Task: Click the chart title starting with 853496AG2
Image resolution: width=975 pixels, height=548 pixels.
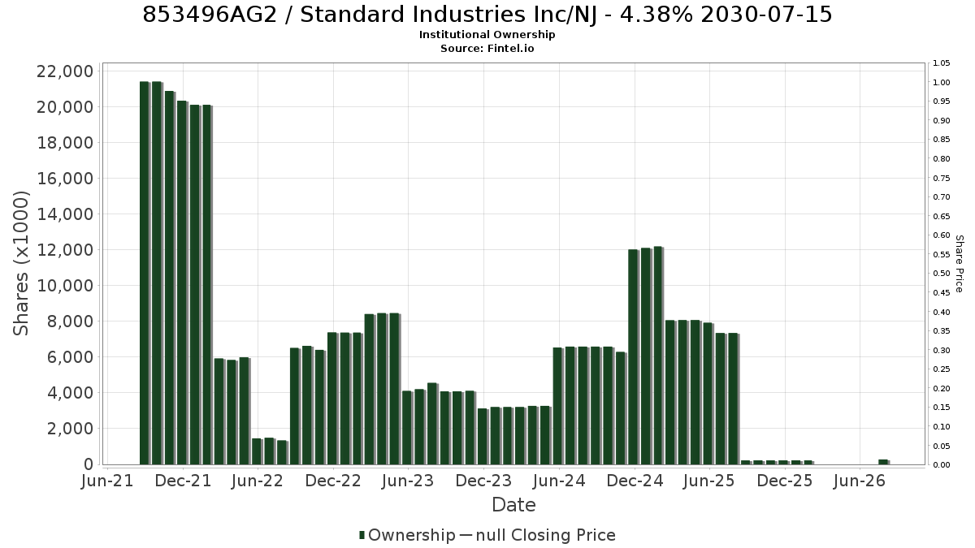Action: point(487,15)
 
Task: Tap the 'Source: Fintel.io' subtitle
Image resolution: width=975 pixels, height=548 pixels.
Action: point(487,48)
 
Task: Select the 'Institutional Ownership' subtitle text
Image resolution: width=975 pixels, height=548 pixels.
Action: point(487,35)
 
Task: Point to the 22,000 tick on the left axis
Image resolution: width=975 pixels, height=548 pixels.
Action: point(65,71)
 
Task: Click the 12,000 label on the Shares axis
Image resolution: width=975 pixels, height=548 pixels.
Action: point(65,250)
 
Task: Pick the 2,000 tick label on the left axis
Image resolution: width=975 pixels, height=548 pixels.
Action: point(70,429)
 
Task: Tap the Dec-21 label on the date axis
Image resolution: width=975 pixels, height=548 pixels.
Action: point(183,481)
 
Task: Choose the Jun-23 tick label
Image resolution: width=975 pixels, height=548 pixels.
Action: point(408,481)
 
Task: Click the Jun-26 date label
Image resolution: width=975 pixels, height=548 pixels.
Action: point(860,481)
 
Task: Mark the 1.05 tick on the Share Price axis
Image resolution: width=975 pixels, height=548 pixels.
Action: point(941,63)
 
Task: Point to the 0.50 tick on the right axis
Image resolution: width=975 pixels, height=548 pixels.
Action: point(941,274)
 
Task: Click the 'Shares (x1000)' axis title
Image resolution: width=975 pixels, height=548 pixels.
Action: point(21,264)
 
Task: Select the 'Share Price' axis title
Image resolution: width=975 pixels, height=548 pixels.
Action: point(960,264)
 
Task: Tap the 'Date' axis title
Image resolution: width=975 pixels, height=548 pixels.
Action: point(513,505)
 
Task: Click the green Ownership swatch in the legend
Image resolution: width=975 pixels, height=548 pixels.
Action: point(362,535)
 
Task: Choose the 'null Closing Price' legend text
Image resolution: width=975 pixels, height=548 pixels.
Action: point(546,535)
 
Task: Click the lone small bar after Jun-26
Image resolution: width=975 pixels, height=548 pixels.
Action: point(884,462)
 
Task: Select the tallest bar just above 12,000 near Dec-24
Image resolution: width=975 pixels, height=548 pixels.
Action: point(658,356)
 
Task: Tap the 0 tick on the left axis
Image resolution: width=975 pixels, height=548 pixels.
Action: point(89,464)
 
